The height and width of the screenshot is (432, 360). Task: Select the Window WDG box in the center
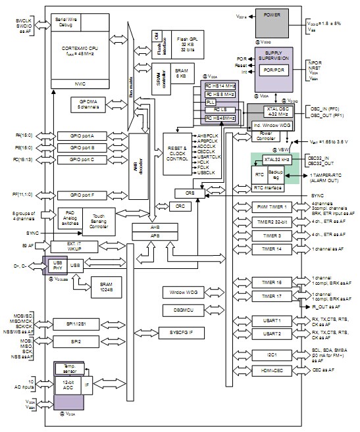tap(179, 291)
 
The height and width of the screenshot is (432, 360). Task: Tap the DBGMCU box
tap(179, 309)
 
